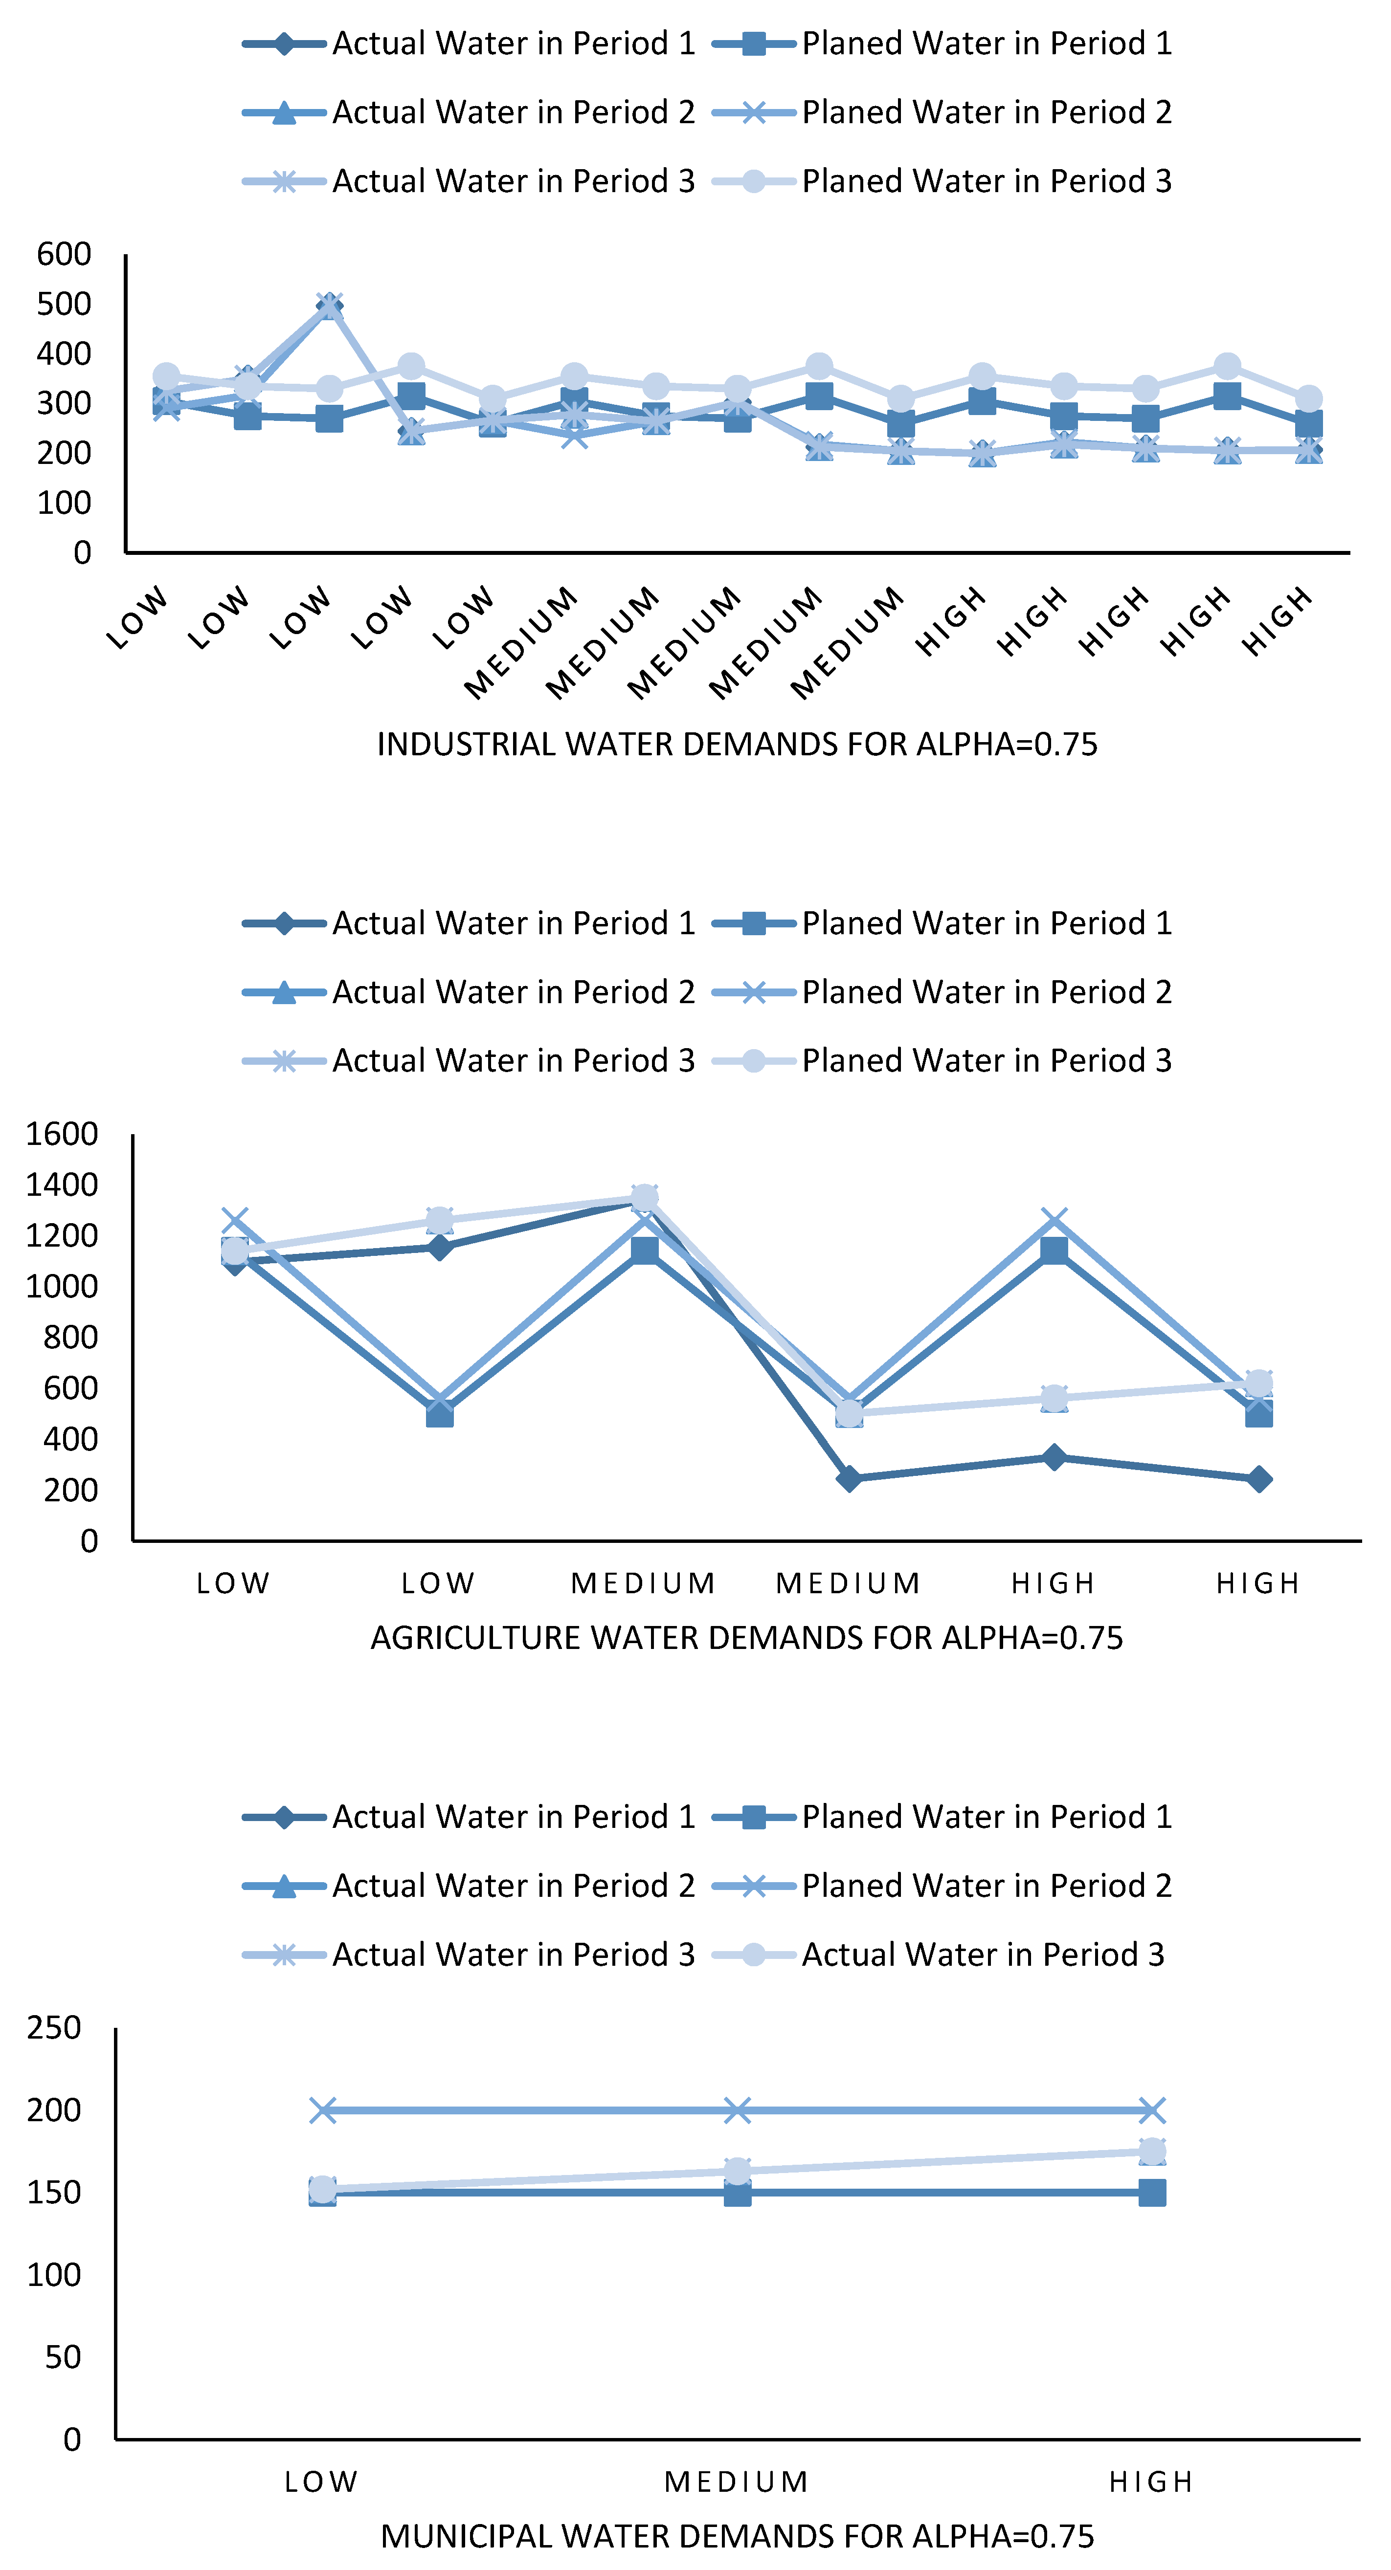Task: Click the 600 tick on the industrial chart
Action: coord(64,254)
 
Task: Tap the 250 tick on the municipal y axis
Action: coord(54,2028)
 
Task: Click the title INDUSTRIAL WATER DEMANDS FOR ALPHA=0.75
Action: coord(737,744)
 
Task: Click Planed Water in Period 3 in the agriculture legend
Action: coord(986,1060)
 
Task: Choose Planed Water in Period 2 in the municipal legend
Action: coord(986,1886)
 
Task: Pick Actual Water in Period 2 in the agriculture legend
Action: coord(513,992)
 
